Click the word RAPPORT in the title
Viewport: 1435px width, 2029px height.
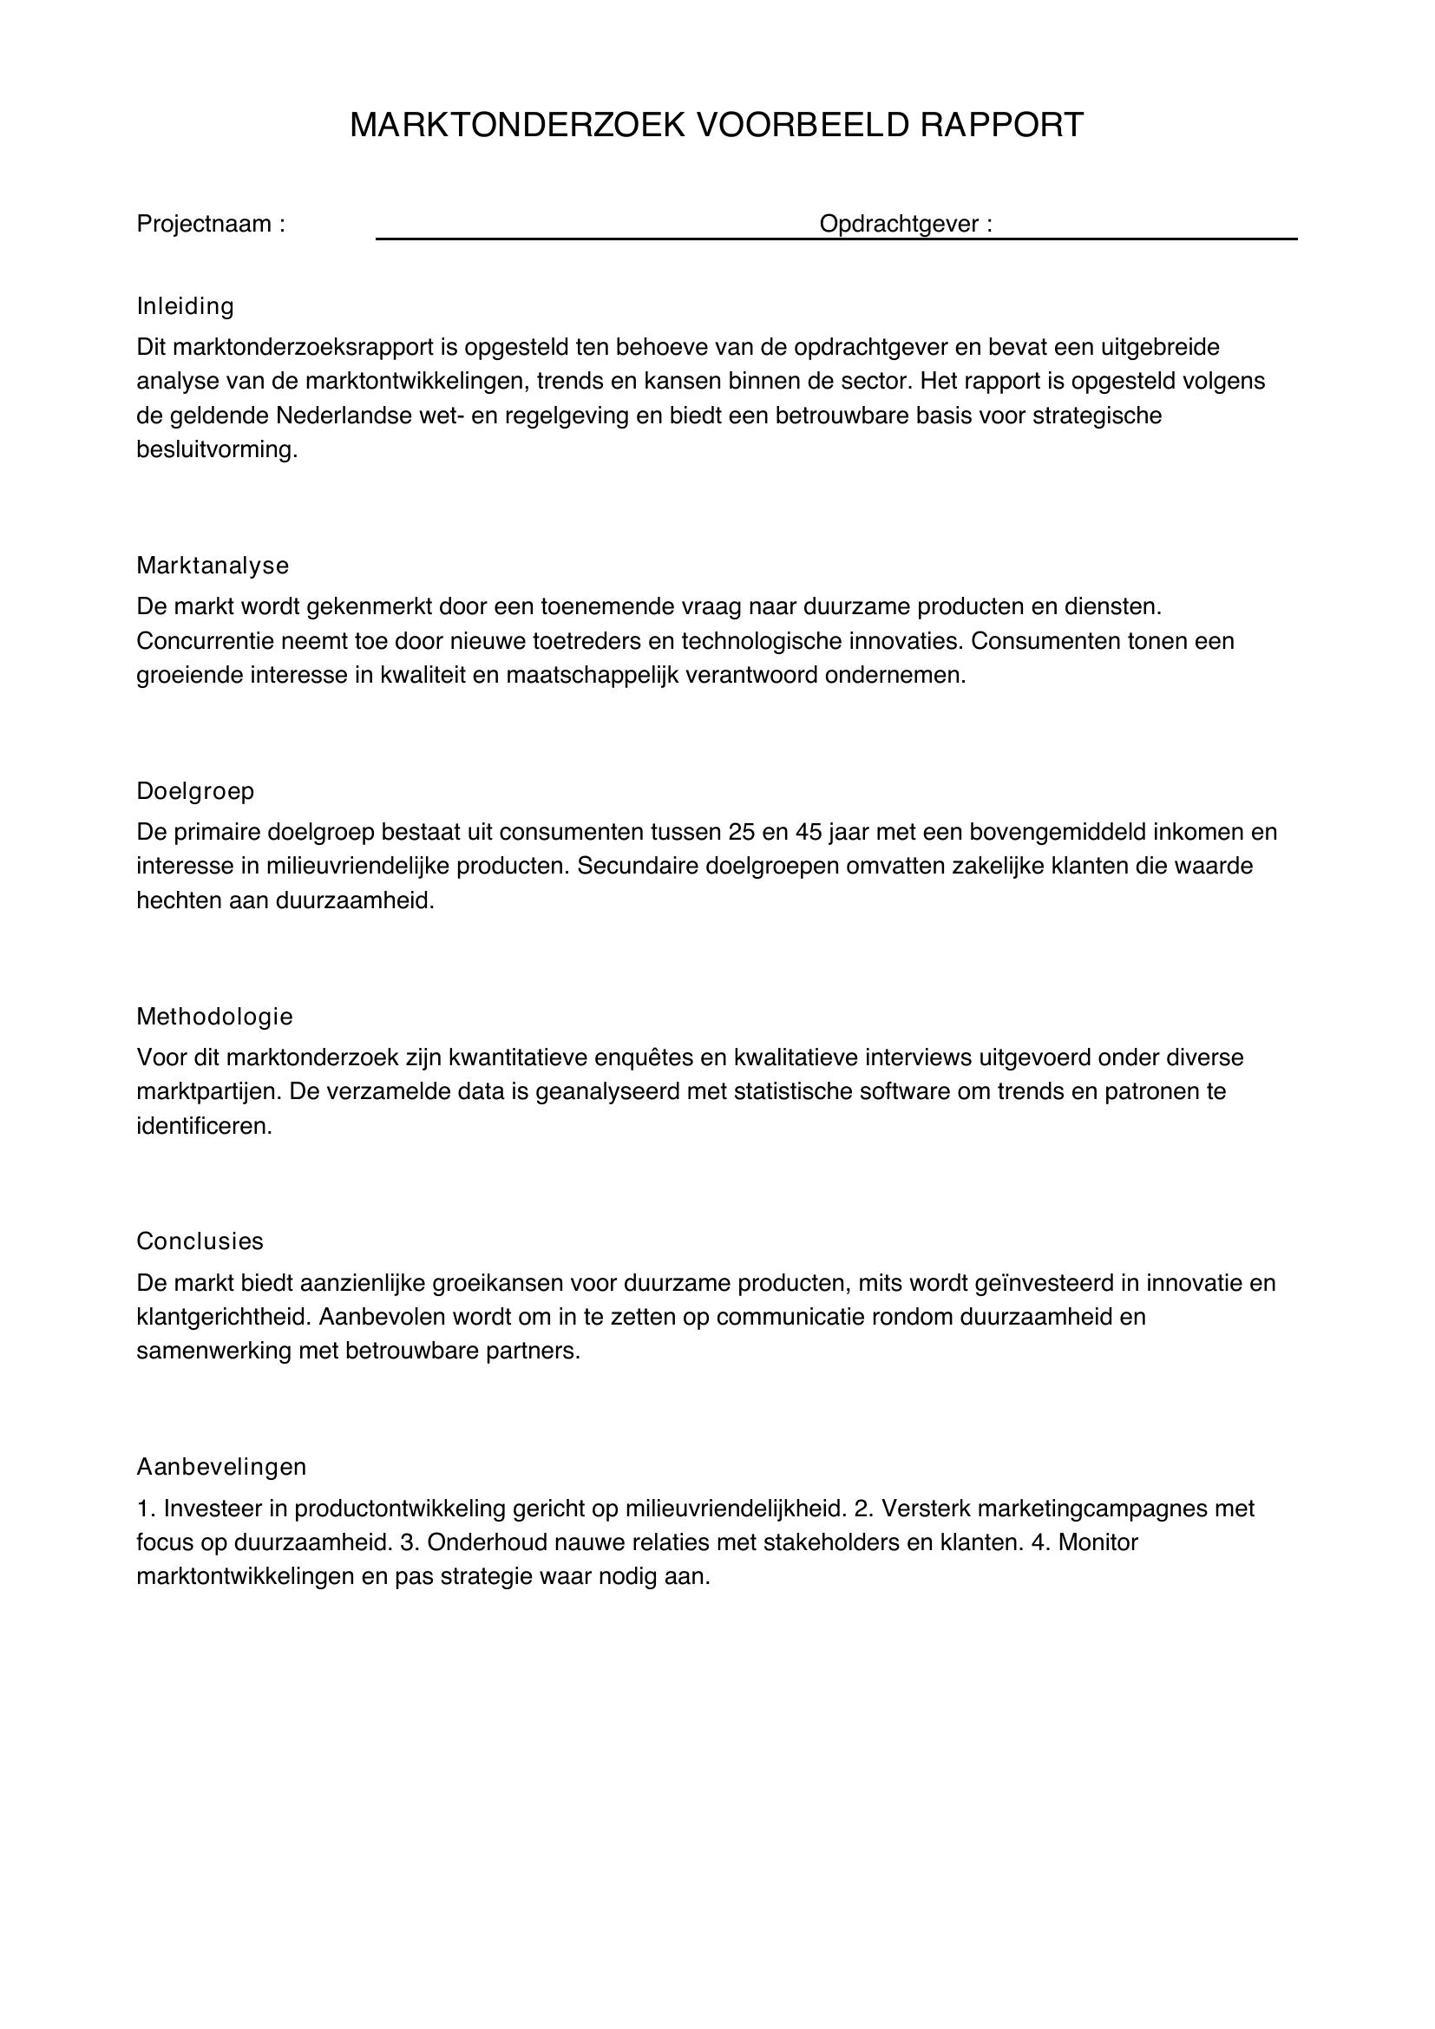click(x=1001, y=126)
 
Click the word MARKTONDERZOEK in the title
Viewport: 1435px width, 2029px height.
click(x=518, y=126)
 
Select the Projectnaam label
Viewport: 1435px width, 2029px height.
click(x=210, y=225)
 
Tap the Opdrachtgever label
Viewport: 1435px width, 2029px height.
click(x=905, y=225)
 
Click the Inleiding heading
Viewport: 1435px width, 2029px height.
click(x=185, y=306)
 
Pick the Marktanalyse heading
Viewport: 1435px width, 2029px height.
click(x=212, y=566)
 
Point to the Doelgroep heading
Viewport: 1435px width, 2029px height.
click(x=195, y=791)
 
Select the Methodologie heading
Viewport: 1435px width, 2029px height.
click(x=213, y=1017)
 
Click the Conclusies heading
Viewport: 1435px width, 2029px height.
click(x=200, y=1241)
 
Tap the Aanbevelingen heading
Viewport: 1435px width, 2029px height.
click(x=221, y=1467)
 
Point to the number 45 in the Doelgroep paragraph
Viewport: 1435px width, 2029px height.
click(x=809, y=833)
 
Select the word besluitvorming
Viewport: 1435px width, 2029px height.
click(x=217, y=450)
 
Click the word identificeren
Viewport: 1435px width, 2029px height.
click(x=204, y=1127)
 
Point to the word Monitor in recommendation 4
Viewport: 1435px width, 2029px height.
click(x=1098, y=1543)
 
